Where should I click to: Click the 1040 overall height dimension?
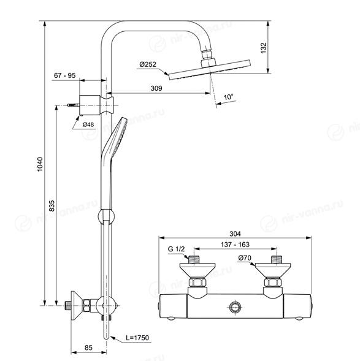pos(40,164)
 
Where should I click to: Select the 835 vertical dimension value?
pos(52,205)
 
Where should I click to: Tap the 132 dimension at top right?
pos(263,48)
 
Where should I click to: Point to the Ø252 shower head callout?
pos(148,64)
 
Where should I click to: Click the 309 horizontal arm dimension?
pos(156,88)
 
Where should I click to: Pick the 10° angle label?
pos(229,97)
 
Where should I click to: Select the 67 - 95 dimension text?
pos(65,75)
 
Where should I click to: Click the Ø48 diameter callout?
pos(88,124)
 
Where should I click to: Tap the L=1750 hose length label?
pos(137,338)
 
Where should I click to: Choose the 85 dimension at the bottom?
pos(88,348)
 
